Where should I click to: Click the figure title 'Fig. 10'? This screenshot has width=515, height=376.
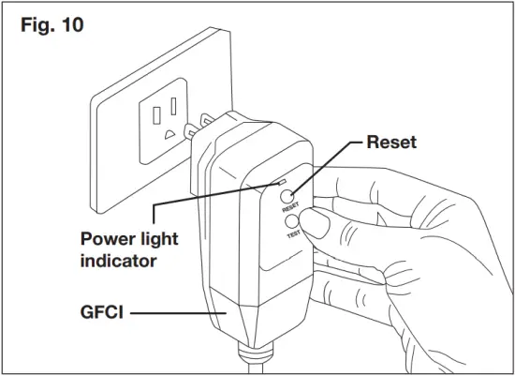tap(52, 25)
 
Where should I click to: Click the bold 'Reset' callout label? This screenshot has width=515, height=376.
tap(390, 143)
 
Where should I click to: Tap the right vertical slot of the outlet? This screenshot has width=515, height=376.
tap(174, 105)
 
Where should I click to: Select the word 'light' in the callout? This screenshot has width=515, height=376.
tap(158, 240)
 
